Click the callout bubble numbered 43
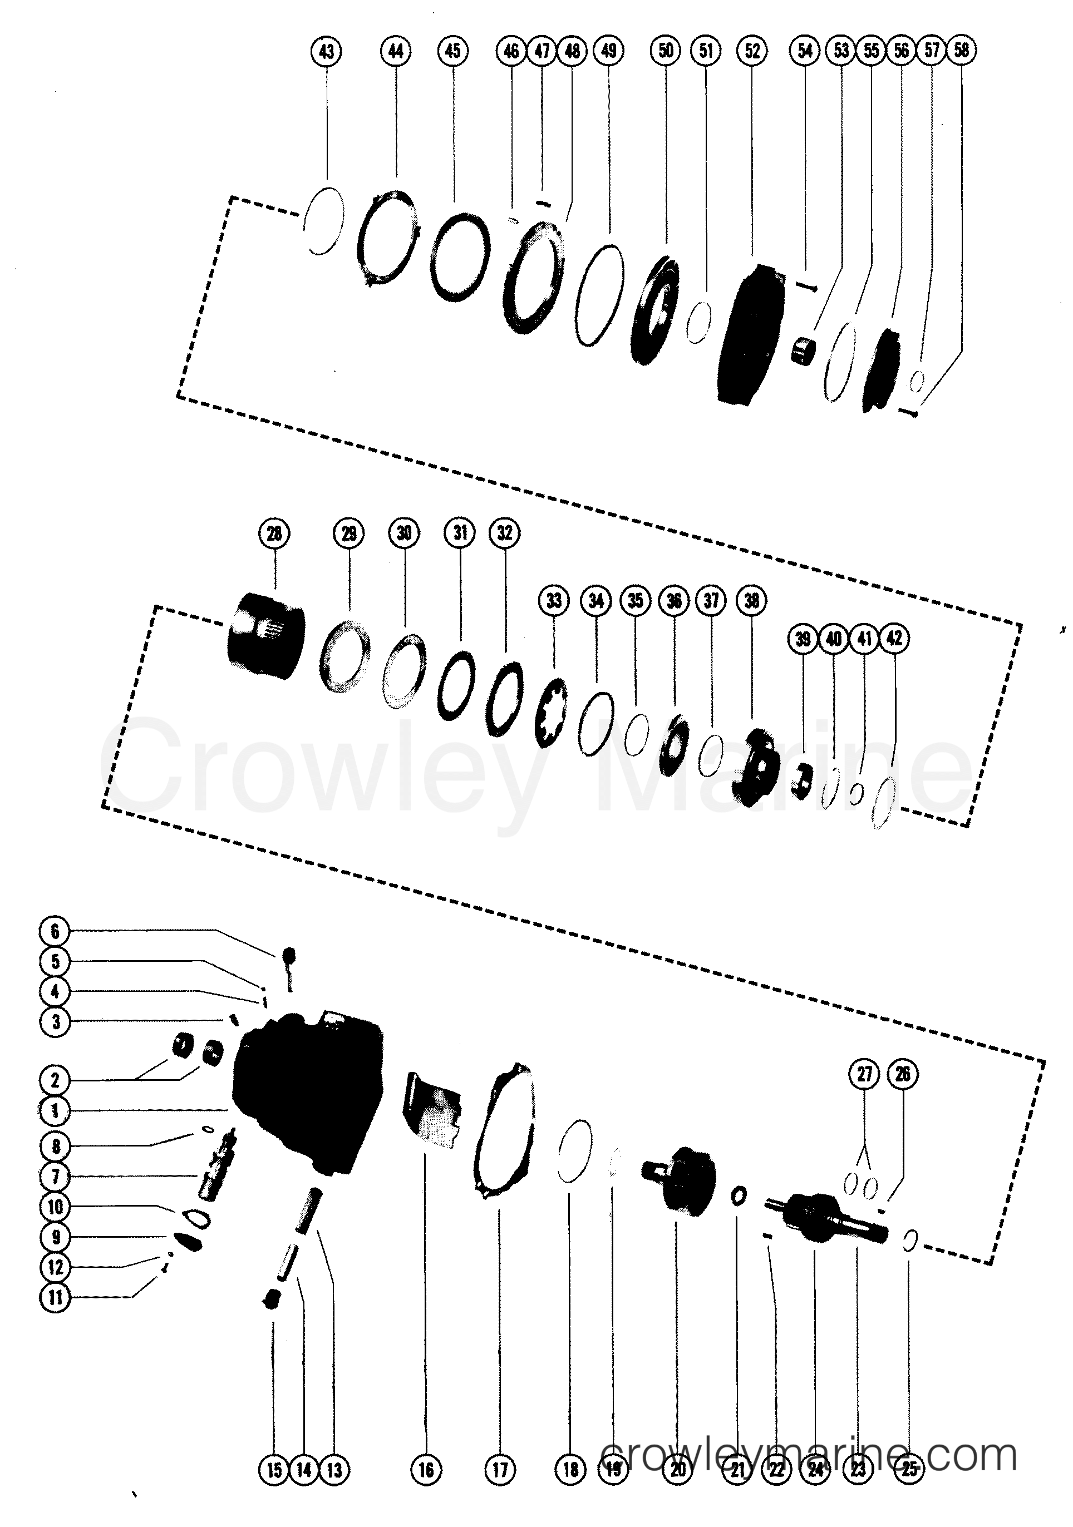(x=326, y=52)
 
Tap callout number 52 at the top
(x=752, y=51)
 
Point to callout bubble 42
(x=894, y=639)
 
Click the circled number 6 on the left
(x=55, y=931)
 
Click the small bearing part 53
(x=804, y=350)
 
